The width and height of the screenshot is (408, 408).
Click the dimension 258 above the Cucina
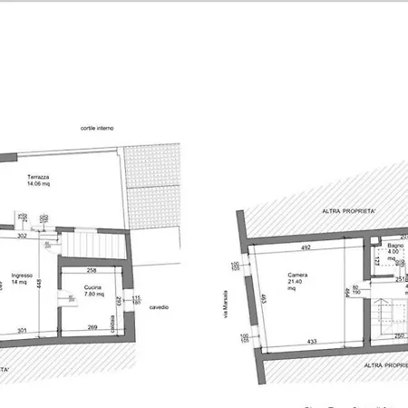92,270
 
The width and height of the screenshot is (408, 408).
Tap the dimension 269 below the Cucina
92,327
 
